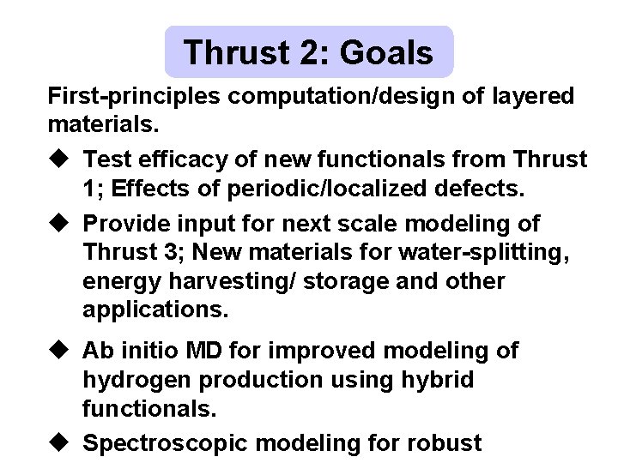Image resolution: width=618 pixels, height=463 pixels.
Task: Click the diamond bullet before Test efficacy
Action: (62, 159)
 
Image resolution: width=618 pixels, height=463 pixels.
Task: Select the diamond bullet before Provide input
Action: (62, 224)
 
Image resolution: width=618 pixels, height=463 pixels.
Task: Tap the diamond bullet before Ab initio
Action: (62, 351)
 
